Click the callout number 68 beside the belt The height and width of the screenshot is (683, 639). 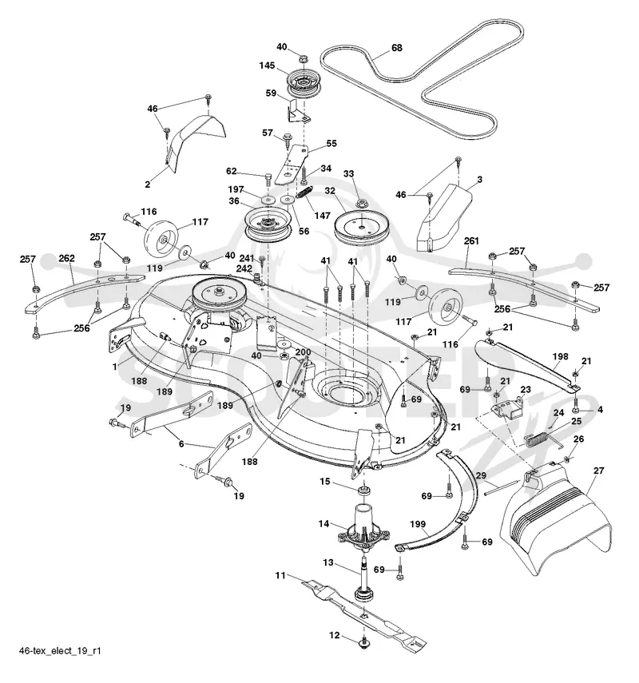coord(397,47)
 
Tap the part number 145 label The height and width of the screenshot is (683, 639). coord(267,66)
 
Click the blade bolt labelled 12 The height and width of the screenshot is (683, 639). coord(363,641)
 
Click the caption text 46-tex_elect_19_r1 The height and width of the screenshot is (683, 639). coord(60,651)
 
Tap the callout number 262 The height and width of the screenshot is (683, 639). coord(66,258)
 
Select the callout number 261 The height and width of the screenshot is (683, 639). coord(471,240)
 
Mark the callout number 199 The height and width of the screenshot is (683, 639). coord(417,524)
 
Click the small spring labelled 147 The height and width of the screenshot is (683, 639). coord(305,192)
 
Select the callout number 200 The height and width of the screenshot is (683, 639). coord(303,352)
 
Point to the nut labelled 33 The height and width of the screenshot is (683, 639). coord(361,203)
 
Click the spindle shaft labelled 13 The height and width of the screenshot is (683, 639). coord(362,576)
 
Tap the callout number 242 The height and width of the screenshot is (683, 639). coord(244,268)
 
